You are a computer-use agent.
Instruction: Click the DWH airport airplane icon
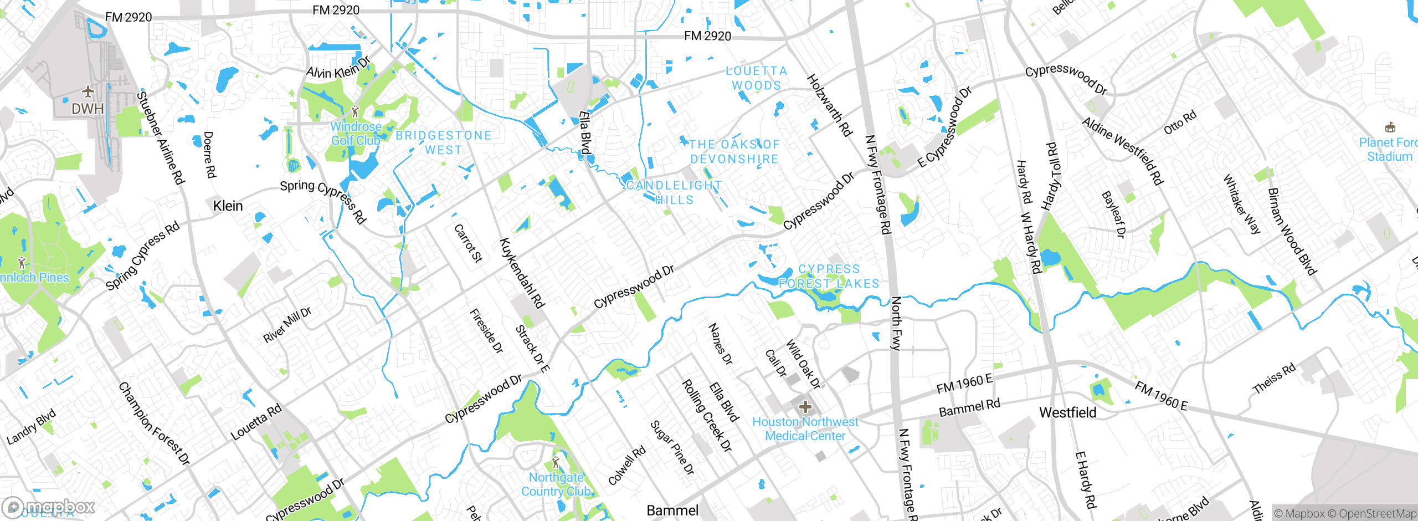(x=88, y=91)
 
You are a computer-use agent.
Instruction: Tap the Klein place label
(x=228, y=206)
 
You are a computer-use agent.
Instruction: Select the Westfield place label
(x=1067, y=413)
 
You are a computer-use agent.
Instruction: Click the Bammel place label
(x=672, y=510)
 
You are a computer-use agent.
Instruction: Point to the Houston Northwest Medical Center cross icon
(x=805, y=408)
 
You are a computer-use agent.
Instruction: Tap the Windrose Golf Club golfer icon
(x=356, y=112)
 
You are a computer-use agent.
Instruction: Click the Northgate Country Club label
(x=556, y=484)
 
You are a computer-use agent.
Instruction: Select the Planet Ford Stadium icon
(x=1389, y=127)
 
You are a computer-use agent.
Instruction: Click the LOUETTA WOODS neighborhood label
(x=756, y=78)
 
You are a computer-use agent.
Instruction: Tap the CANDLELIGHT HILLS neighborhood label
(x=674, y=192)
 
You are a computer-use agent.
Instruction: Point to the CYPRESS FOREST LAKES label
(x=829, y=276)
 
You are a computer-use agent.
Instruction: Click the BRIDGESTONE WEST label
(x=443, y=142)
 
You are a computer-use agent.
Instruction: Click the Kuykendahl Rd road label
(x=522, y=273)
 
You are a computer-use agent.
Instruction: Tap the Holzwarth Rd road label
(x=829, y=105)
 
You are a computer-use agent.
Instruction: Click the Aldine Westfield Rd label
(x=1123, y=151)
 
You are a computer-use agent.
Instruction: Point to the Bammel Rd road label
(x=969, y=407)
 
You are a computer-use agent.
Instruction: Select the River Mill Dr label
(x=287, y=325)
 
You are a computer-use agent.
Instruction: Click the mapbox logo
(x=49, y=507)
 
